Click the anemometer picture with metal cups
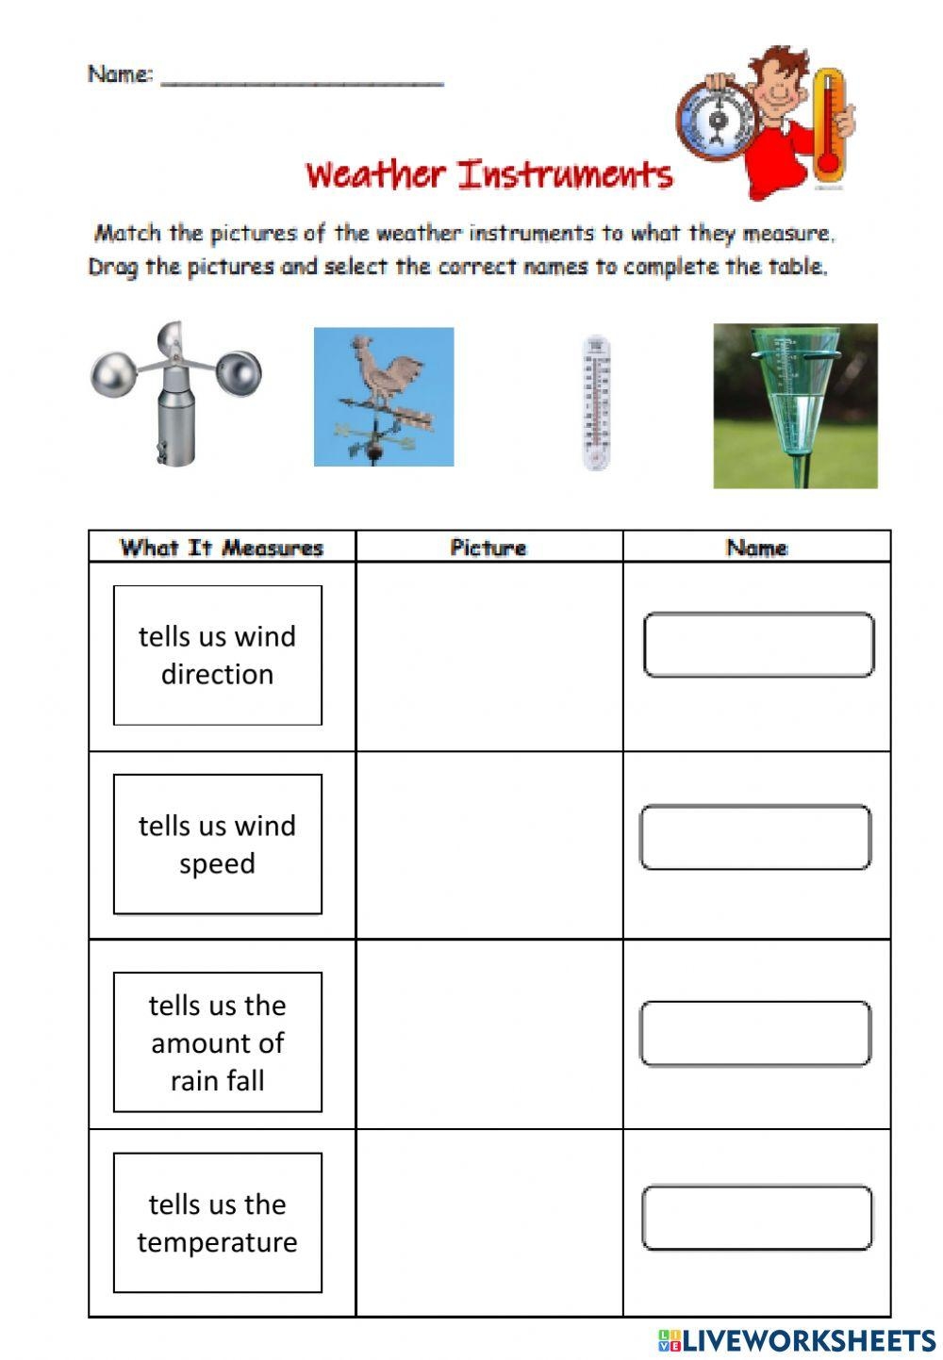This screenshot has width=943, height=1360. pyautogui.click(x=175, y=394)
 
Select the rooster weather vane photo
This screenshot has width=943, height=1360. pyautogui.click(x=384, y=397)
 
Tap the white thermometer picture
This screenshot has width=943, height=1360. pyautogui.click(x=596, y=401)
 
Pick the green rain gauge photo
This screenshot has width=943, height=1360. pyautogui.click(x=795, y=405)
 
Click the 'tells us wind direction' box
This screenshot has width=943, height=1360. pyautogui.click(x=218, y=655)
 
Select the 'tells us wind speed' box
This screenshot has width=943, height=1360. pyautogui.click(x=218, y=844)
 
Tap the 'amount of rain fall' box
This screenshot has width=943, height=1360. pyautogui.click(x=218, y=1041)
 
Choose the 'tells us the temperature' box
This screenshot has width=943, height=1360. pyautogui.click(x=218, y=1222)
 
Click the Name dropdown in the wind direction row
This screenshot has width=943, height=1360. pyautogui.click(x=758, y=645)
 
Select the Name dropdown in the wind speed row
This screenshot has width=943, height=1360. pyautogui.click(x=755, y=837)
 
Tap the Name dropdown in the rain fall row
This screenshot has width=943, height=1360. pyautogui.click(x=755, y=1034)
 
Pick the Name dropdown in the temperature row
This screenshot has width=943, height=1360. pyautogui.click(x=757, y=1218)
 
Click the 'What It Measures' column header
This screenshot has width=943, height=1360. pyautogui.click(x=222, y=548)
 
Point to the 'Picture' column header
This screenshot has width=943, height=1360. pyautogui.click(x=488, y=548)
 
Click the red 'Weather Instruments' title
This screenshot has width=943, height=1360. pyautogui.click(x=488, y=175)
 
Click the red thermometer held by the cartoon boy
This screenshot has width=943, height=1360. pyautogui.click(x=828, y=125)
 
